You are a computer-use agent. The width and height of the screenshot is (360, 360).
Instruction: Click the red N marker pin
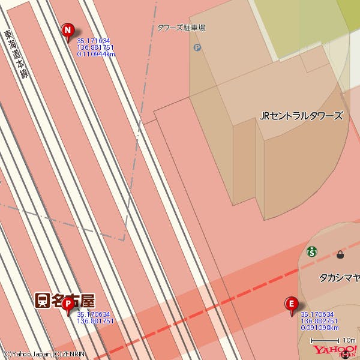(x=68, y=30)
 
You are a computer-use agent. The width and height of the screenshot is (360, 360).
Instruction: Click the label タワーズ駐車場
(x=181, y=28)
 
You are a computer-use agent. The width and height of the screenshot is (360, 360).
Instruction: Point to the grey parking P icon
(x=197, y=47)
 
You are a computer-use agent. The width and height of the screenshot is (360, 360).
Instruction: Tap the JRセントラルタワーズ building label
(x=301, y=116)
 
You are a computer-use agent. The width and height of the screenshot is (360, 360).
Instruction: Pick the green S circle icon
(x=311, y=251)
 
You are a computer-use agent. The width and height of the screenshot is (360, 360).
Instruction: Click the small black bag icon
(x=341, y=254)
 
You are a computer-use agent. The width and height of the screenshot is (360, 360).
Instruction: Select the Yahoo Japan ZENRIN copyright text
(x=44, y=354)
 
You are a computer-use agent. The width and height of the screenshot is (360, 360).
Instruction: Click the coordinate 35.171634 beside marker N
(x=94, y=41)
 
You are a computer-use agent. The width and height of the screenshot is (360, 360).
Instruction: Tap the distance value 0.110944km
(x=96, y=54)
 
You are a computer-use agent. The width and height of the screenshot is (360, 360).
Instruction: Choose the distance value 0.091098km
(x=320, y=328)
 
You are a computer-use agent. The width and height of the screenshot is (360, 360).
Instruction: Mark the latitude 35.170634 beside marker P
(x=94, y=314)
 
